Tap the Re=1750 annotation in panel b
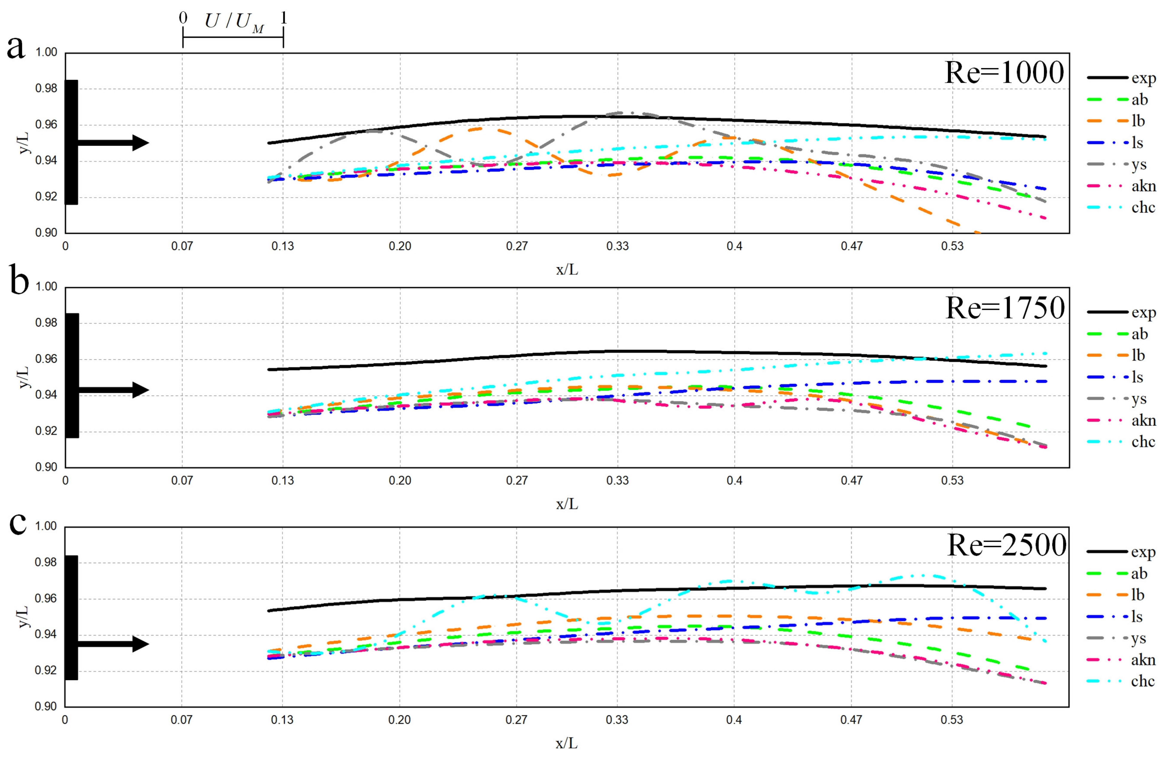point(1005,308)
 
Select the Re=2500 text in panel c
point(1006,545)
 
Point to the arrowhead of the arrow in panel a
point(141,143)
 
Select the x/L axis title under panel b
point(567,504)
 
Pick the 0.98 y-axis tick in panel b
point(46,323)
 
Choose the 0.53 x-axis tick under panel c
point(952,720)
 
